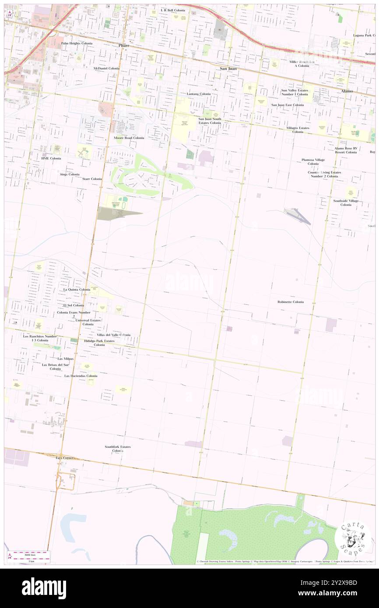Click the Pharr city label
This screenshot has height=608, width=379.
click(x=125, y=45)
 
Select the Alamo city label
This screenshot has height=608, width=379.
click(x=347, y=91)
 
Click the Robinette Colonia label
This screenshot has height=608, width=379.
click(x=290, y=302)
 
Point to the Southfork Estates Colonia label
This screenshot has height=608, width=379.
click(x=117, y=449)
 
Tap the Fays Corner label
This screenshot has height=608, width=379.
click(x=65, y=458)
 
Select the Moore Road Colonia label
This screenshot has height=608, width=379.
click(x=129, y=138)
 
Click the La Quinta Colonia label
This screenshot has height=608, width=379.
click(x=77, y=290)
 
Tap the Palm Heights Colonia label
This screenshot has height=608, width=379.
click(x=77, y=43)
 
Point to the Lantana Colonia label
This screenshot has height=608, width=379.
click(x=199, y=94)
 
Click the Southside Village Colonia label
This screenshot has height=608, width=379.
click(x=346, y=203)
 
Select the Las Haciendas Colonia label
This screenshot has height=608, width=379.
click(x=81, y=376)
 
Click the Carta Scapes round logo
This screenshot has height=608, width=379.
click(x=353, y=538)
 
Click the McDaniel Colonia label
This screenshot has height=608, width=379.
click(x=106, y=69)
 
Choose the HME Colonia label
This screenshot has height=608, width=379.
click(x=51, y=158)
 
